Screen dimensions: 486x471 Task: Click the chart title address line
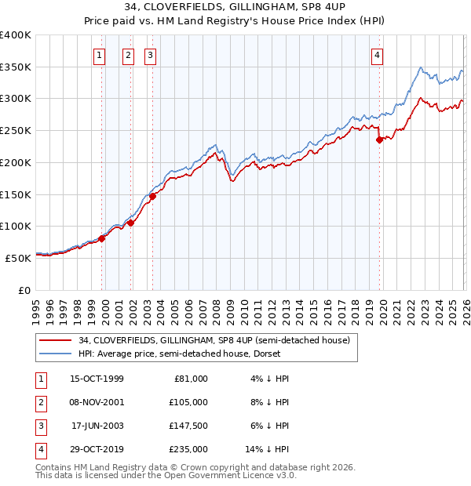point(235,7)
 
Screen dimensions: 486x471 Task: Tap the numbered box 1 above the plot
point(100,55)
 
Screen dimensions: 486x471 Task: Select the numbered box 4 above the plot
point(378,55)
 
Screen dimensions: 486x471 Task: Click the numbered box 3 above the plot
point(149,55)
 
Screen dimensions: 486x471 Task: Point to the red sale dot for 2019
point(379,140)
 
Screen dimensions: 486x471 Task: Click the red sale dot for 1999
point(102,238)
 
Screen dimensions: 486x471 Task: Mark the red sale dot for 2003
point(152,196)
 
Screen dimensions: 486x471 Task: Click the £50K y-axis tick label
point(18,257)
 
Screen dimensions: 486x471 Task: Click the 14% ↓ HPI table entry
point(267,449)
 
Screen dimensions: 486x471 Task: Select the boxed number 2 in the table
point(38,402)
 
